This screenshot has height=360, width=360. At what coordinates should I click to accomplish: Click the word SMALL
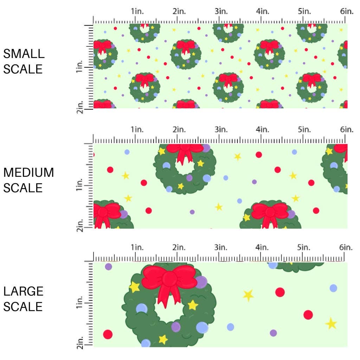[24, 54]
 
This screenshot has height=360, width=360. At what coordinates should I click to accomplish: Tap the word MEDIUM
[28, 173]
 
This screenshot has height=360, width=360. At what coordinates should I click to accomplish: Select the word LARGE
[24, 291]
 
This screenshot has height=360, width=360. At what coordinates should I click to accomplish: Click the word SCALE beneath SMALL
[23, 69]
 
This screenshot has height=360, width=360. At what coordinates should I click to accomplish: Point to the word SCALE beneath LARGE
[23, 307]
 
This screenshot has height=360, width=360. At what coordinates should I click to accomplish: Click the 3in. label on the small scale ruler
[221, 11]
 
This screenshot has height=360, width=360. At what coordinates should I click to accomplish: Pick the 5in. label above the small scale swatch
[304, 11]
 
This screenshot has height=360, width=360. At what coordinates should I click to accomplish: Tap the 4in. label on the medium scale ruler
[263, 130]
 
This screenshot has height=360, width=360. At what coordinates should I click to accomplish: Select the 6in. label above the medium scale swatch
[347, 130]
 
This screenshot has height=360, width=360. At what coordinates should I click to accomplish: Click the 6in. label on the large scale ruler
[347, 248]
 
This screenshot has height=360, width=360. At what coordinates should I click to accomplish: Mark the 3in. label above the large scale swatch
[221, 248]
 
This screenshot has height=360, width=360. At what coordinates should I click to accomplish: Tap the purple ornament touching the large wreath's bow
[201, 282]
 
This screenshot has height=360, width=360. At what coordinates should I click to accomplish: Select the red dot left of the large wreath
[108, 334]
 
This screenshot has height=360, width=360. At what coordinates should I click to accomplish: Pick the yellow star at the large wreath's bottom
[163, 339]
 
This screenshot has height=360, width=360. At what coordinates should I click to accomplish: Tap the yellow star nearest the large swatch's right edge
[331, 323]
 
